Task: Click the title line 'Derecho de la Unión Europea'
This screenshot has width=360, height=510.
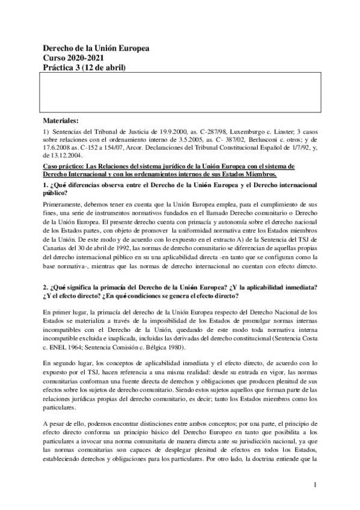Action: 97,48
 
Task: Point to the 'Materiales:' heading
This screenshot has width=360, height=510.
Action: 61,120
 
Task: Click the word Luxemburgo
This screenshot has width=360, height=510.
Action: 236,131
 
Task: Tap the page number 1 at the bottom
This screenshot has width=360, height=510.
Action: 315,485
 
